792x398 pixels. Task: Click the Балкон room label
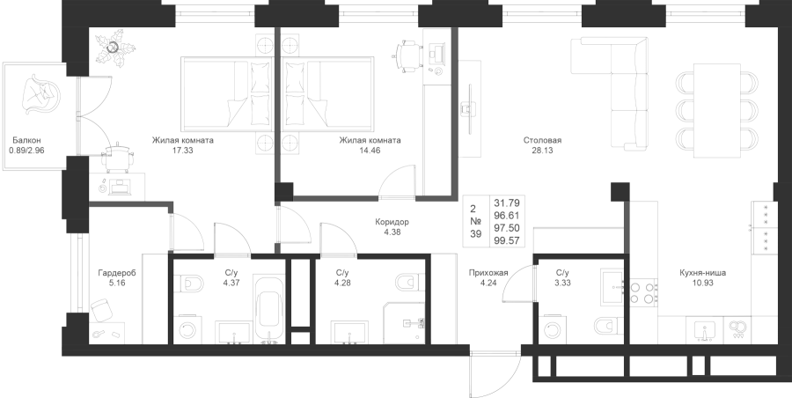click(x=26, y=140)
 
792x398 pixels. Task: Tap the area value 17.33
click(x=183, y=151)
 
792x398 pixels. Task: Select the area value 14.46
click(x=370, y=151)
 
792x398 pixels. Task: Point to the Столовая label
click(x=542, y=140)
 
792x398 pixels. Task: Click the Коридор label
click(x=392, y=222)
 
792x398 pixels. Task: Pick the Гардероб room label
click(x=117, y=273)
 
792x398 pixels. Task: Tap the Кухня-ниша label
click(x=703, y=273)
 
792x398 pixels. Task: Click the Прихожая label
click(x=488, y=273)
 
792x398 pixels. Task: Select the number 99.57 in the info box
click(x=507, y=240)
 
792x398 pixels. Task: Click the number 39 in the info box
click(x=476, y=233)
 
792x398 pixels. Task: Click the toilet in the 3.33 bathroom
click(x=609, y=326)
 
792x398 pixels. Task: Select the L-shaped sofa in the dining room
click(x=610, y=93)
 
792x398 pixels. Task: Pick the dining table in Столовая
click(x=716, y=111)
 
